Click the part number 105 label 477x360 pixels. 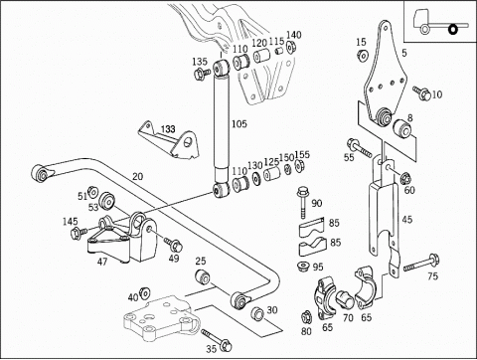(239, 124)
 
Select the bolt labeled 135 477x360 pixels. (202, 74)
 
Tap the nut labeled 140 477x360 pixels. (291, 47)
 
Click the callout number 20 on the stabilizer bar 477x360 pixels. (138, 177)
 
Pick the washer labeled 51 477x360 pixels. (92, 192)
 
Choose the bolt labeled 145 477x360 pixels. (79, 233)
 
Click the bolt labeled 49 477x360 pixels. (173, 244)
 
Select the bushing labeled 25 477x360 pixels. (202, 276)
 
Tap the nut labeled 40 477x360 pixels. (145, 293)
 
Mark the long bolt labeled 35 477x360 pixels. (217, 340)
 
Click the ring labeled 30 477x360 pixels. (257, 313)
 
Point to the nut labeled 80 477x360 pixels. (306, 317)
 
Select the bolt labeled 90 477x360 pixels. (302, 202)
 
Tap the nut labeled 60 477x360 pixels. (405, 178)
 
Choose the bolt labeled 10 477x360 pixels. (421, 92)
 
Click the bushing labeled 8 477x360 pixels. (402, 129)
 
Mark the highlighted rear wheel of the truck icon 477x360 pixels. (452, 30)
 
